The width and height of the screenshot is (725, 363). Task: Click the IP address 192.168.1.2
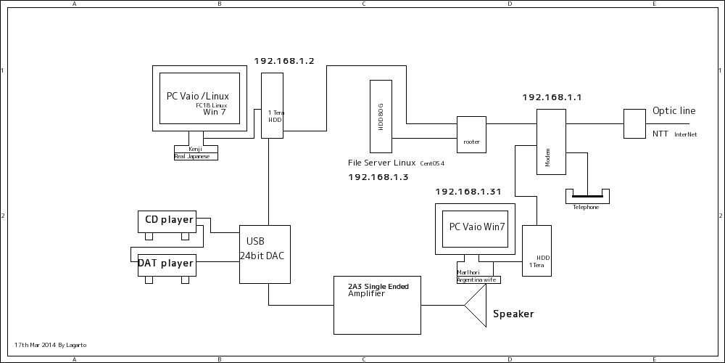284,62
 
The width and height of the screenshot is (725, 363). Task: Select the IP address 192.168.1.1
552,97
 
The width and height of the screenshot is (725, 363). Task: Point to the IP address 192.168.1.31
468,192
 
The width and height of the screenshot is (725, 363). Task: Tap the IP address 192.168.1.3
378,177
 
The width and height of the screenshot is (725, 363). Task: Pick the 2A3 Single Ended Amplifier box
377,305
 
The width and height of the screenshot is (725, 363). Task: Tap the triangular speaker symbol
476,305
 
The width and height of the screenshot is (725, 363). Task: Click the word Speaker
513,314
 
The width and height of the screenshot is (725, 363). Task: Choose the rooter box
471,134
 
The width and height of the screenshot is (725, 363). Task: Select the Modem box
551,142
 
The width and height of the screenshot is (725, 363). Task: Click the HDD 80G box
381,116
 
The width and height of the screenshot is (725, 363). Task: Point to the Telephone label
586,208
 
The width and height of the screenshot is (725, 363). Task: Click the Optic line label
674,111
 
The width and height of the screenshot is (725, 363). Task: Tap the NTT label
660,134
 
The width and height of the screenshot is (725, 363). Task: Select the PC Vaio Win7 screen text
476,227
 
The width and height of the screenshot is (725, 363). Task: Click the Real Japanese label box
196,156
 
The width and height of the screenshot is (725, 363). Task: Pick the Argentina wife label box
478,280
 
